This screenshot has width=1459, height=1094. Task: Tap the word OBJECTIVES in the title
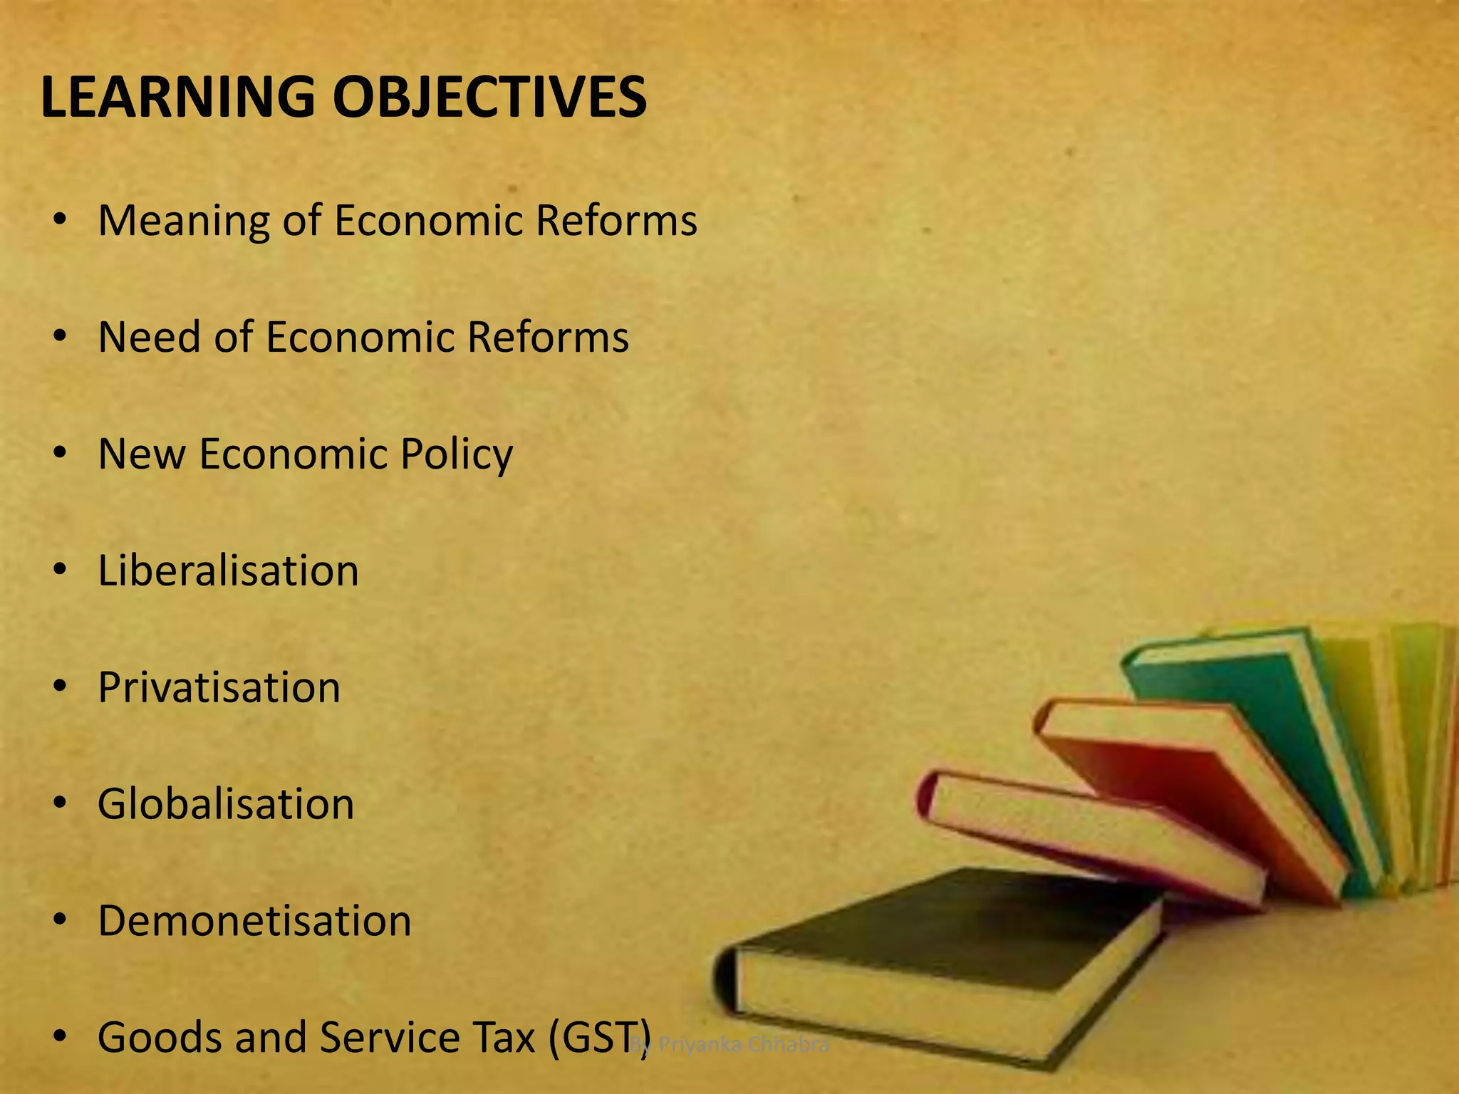[489, 98]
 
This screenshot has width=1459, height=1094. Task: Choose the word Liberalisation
[228, 571]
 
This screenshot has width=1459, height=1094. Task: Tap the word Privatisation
[219, 688]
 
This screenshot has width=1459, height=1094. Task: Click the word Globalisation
[226, 805]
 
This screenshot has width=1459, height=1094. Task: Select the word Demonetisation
[254, 921]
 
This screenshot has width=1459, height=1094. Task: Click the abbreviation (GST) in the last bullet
[600, 1038]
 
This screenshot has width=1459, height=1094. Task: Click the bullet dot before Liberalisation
[61, 570]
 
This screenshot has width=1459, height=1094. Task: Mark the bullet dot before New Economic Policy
[61, 453]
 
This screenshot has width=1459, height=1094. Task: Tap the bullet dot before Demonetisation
[61, 920]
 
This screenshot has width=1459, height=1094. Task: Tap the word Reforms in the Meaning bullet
[616, 221]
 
